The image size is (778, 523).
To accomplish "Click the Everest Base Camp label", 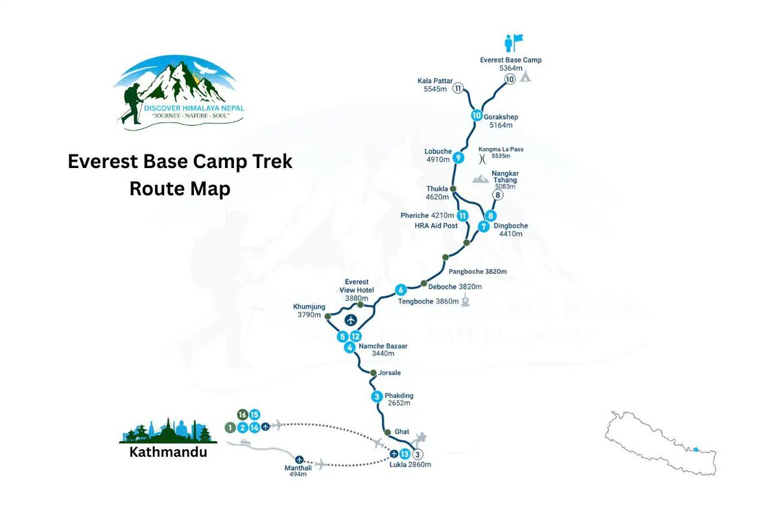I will pos(510,60).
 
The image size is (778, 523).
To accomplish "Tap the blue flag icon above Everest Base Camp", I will pos(513,43).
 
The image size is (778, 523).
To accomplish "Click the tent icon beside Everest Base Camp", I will pos(526,77).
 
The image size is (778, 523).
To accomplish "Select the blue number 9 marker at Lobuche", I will pos(458,157).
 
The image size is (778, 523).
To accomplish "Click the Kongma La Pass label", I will pos(501,149).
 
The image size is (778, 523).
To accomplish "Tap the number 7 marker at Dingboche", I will pos(483,226).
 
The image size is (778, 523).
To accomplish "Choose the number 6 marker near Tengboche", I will pos(401,290).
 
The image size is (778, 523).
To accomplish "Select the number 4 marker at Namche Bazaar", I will pos(350,347).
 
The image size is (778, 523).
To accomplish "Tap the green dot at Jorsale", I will pos(373,373).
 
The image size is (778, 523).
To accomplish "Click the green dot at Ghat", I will pos(388,432).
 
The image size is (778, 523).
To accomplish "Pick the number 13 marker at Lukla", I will pos(405,454).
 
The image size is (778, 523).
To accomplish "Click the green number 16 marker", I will pos(242,415).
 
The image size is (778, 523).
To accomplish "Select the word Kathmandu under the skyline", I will pos(168,452).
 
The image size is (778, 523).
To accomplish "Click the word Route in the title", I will pos(158,189).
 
